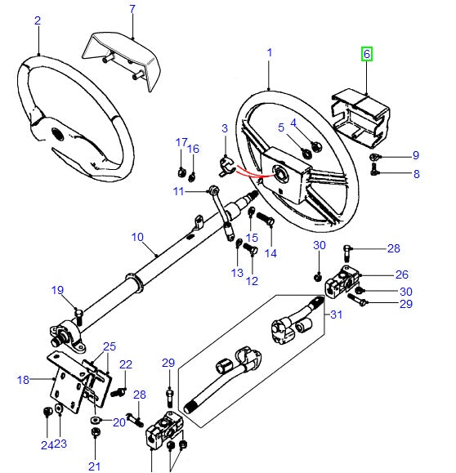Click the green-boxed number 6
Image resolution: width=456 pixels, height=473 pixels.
[x=367, y=55]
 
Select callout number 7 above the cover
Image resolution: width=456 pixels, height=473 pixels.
[x=132, y=10]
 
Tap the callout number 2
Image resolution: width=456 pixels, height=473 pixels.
[x=37, y=21]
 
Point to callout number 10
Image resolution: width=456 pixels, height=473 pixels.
[x=137, y=239]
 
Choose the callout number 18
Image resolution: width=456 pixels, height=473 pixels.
[x=23, y=379]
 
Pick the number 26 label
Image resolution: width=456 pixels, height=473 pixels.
[x=402, y=274]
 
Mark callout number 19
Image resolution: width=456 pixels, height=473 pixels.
[x=57, y=290]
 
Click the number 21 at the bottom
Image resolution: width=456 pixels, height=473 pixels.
[x=95, y=466]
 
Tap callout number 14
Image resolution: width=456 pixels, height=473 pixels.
[x=270, y=253]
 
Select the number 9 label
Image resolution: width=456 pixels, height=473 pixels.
[x=415, y=155]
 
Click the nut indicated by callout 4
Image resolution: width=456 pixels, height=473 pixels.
[x=316, y=146]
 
